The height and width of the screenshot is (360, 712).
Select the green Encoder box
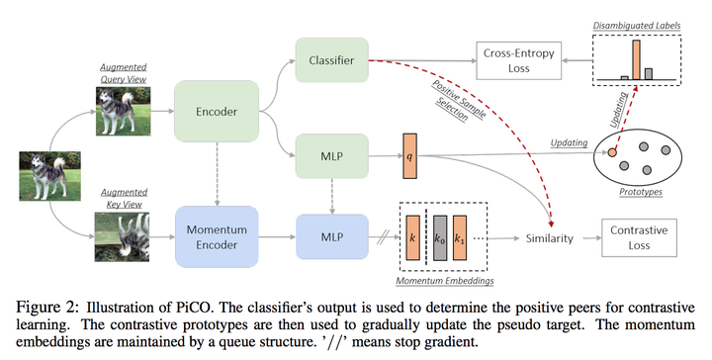click(x=216, y=112)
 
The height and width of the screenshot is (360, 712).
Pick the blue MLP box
click(x=330, y=238)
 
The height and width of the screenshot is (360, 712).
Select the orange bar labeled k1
click(x=462, y=240)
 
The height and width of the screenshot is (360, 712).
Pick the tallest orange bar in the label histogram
click(x=636, y=58)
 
